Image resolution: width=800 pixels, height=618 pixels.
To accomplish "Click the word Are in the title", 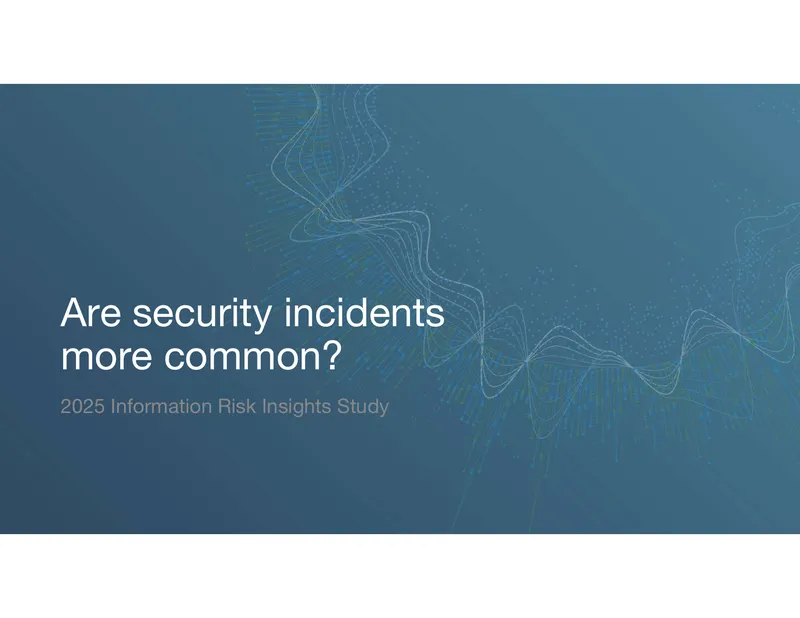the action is tap(91, 312).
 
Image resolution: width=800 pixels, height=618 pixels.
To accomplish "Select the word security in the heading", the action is tap(202, 315).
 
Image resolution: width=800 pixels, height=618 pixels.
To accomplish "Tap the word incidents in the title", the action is tap(364, 312).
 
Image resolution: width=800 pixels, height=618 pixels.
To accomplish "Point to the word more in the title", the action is tap(106, 356).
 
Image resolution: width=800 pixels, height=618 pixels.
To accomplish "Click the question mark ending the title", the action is tap(332, 355).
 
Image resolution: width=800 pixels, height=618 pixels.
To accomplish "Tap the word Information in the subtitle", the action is tap(161, 407).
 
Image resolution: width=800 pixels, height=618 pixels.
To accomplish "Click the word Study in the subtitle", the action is tap(363, 408).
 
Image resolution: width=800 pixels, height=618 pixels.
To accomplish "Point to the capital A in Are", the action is tap(76, 312).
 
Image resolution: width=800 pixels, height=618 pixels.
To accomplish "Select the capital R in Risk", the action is tap(225, 407).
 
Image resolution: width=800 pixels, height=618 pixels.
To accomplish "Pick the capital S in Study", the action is tap(343, 407).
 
